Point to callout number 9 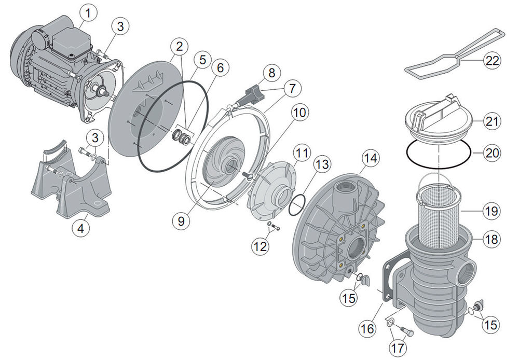(x=180, y=220)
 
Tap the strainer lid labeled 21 (x=439, y=119)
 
